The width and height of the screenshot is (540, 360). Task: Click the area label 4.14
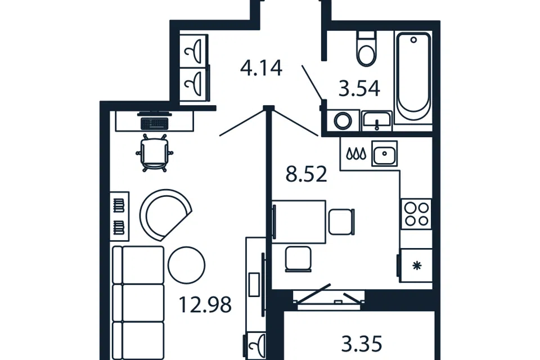pyautogui.click(x=262, y=68)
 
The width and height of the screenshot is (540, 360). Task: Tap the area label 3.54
pyautogui.click(x=359, y=88)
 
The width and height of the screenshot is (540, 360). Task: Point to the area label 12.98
pyautogui.click(x=205, y=305)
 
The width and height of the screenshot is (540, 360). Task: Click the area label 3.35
pyautogui.click(x=362, y=344)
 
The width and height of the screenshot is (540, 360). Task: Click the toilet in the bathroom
pyautogui.click(x=366, y=48)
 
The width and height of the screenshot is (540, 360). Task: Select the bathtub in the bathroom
pyautogui.click(x=413, y=76)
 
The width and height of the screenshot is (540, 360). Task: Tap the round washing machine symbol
pyautogui.click(x=343, y=121)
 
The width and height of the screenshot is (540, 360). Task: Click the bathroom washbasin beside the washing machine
pyautogui.click(x=377, y=120)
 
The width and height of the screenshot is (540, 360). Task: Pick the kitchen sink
pyautogui.click(x=384, y=154)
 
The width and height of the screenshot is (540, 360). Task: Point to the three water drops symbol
pyautogui.click(x=355, y=154)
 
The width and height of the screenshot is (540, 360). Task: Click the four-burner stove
pyautogui.click(x=416, y=214)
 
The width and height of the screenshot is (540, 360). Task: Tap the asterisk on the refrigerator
pyautogui.click(x=417, y=265)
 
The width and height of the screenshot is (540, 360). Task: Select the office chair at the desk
pyautogui.click(x=155, y=152)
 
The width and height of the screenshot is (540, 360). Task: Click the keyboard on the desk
pyautogui.click(x=155, y=123)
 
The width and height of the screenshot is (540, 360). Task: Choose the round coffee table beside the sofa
pyautogui.click(x=187, y=265)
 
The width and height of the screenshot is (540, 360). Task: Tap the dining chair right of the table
pyautogui.click(x=341, y=222)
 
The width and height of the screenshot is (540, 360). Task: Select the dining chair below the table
pyautogui.click(x=299, y=259)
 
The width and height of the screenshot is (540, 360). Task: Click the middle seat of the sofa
pyautogui.click(x=138, y=303)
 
